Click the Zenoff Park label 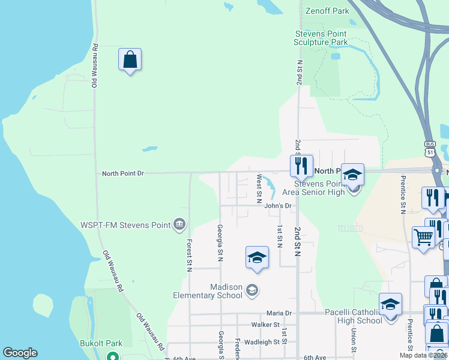pyautogui.click(x=327, y=11)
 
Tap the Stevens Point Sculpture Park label pyautogui.click(x=321, y=38)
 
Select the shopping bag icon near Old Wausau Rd pyautogui.click(x=130, y=60)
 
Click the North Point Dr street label pyautogui.click(x=123, y=173)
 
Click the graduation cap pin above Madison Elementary pyautogui.click(x=257, y=257)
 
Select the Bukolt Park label pyautogui.click(x=101, y=343)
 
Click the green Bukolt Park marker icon pyautogui.click(x=112, y=355)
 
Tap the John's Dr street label pyautogui.click(x=278, y=206)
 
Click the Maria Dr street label pyautogui.click(x=279, y=313)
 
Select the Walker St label pyautogui.click(x=265, y=325)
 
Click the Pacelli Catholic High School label pyautogui.click(x=353, y=316)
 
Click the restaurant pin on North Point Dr pyautogui.click(x=301, y=166)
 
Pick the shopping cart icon pyautogui.click(x=423, y=237)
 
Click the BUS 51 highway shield pyautogui.click(x=429, y=148)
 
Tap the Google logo pyautogui.click(x=20, y=353)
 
